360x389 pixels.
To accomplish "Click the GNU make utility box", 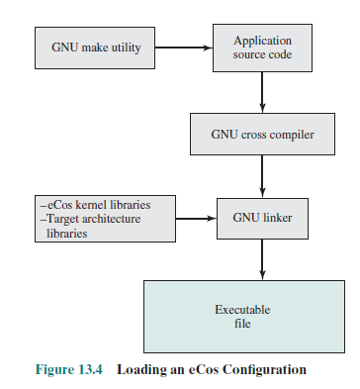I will (x=87, y=47).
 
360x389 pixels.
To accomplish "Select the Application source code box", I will (x=262, y=47).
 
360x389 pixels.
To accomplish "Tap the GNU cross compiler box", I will (x=262, y=132).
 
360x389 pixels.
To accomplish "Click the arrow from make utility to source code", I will (x=184, y=47).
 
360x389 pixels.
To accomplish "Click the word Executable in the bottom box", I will (x=242, y=310).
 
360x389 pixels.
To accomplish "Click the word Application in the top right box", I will (x=262, y=40).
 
